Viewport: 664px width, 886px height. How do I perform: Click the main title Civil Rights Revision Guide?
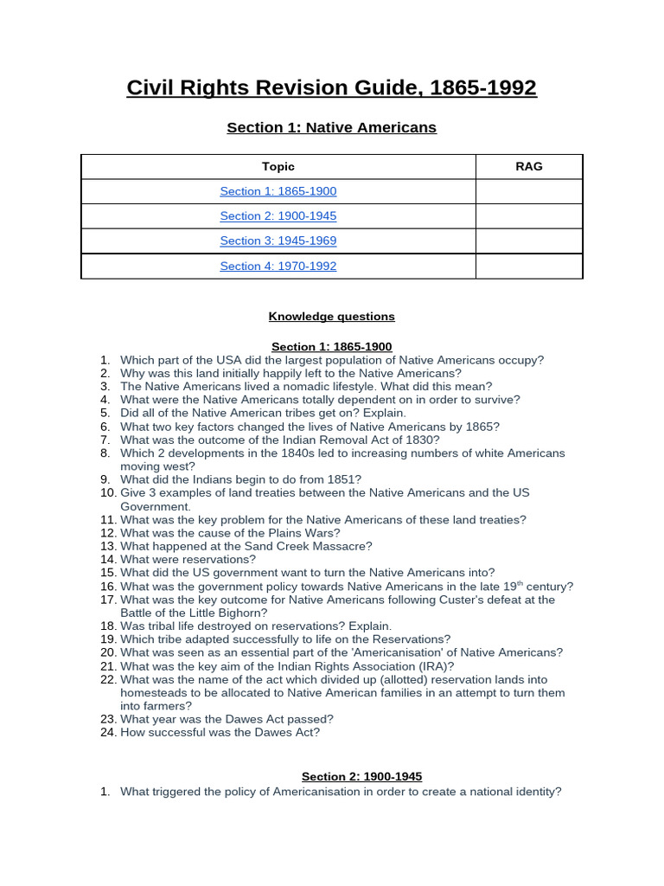pyautogui.click(x=331, y=87)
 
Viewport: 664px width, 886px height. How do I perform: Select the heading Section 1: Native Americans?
pyautogui.click(x=331, y=127)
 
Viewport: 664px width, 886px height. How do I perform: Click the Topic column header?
pyautogui.click(x=278, y=166)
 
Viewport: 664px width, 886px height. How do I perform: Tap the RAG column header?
pyautogui.click(x=528, y=166)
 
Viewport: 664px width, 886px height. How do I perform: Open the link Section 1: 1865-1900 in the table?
pyautogui.click(x=278, y=191)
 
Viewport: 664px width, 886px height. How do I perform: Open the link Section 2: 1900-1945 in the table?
pyautogui.click(x=278, y=215)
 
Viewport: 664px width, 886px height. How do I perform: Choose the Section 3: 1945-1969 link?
pyautogui.click(x=278, y=241)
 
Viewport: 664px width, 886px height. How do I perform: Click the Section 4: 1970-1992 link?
pyautogui.click(x=278, y=266)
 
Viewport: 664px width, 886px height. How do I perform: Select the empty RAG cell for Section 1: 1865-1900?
pyautogui.click(x=528, y=191)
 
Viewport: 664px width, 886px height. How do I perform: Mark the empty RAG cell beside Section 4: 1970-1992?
pyautogui.click(x=528, y=266)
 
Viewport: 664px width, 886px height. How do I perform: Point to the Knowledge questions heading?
pyautogui.click(x=331, y=317)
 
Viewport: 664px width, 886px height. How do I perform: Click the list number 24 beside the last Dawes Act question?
pyautogui.click(x=107, y=732)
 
